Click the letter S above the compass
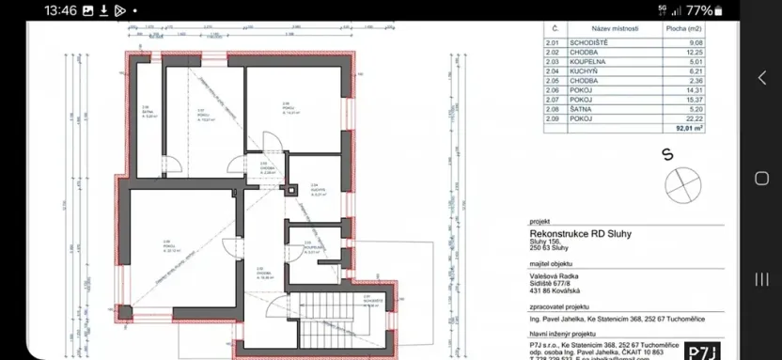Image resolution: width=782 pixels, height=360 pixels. coord(665,153)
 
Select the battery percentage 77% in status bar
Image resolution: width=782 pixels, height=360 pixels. coord(699,11)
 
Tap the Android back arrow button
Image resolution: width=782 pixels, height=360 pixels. coord(762,78)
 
